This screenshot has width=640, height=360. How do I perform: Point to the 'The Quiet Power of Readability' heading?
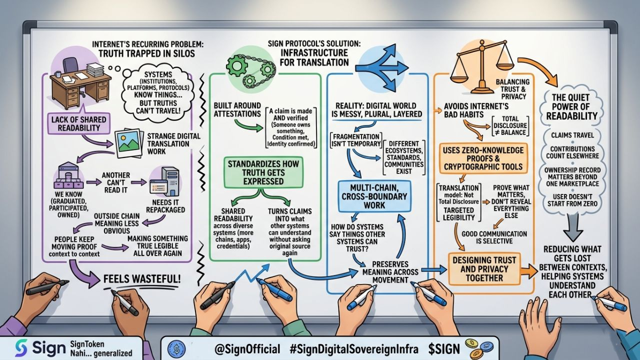tap(570, 106)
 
